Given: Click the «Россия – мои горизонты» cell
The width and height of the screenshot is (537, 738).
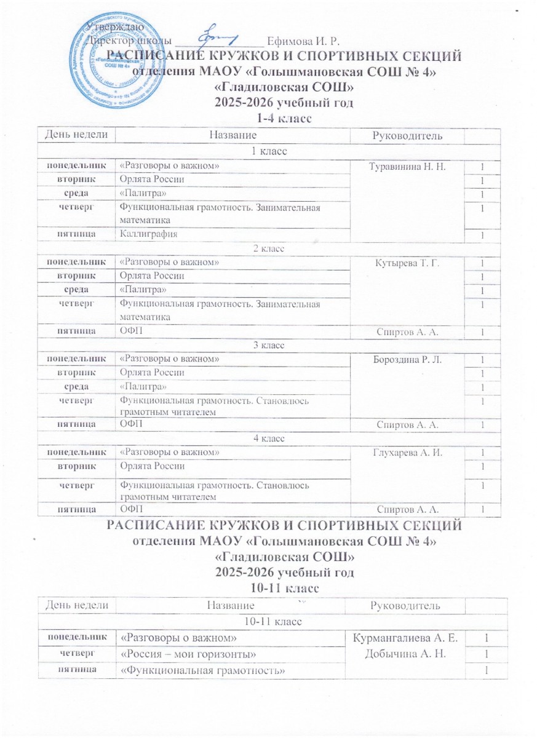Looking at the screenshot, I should (188, 652).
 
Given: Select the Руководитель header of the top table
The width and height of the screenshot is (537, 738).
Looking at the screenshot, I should (405, 135).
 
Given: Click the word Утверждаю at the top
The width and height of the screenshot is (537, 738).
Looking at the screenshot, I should (119, 27).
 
